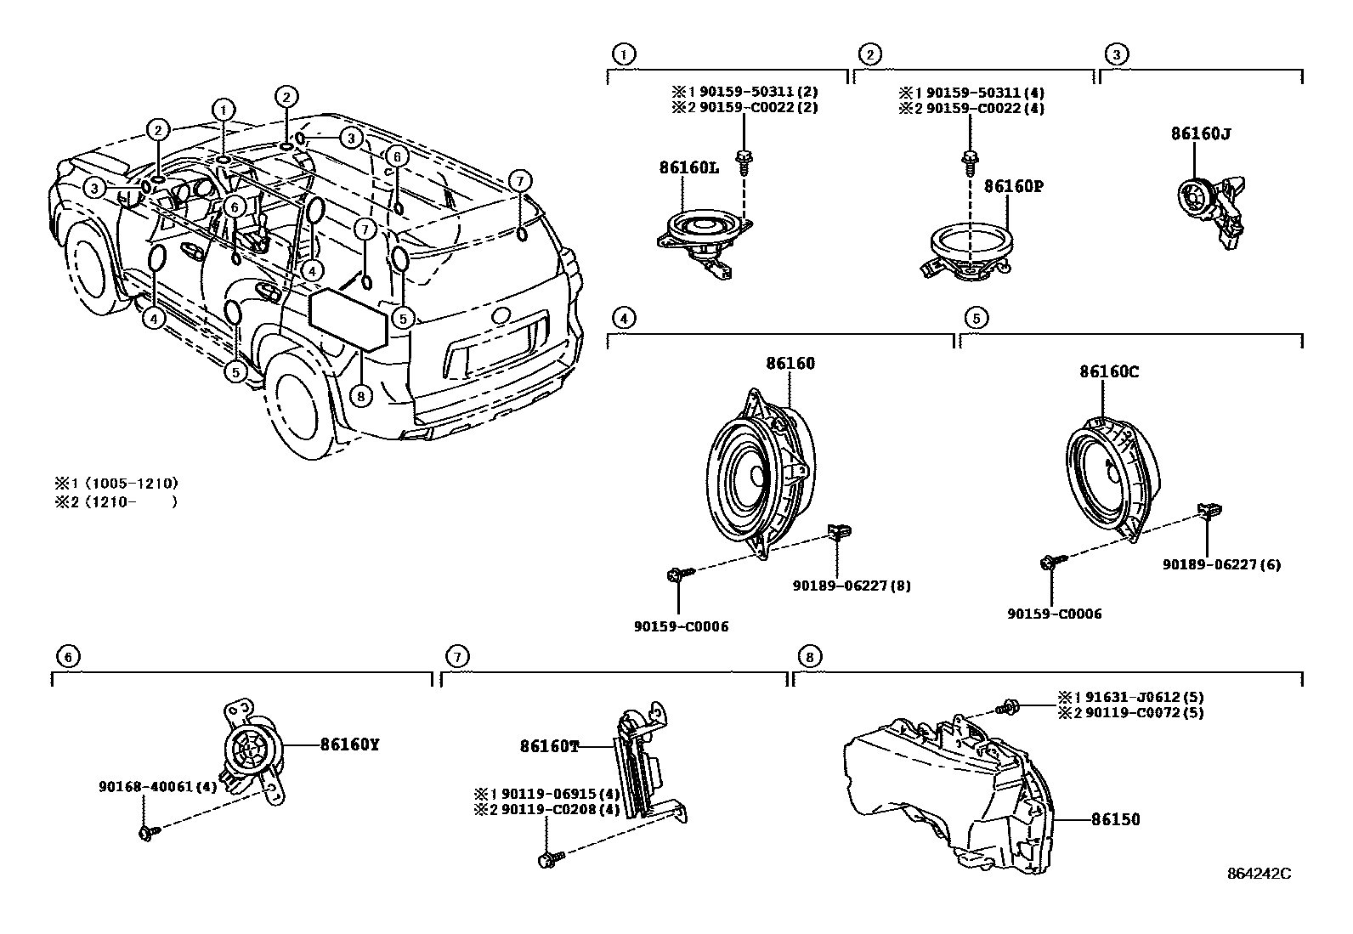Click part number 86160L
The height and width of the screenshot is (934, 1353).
point(688,167)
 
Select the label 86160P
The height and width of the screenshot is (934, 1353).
point(1013,185)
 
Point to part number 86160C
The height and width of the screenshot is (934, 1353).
point(1109,371)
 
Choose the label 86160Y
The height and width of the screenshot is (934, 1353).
point(349,744)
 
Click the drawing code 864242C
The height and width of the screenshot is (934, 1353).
point(1258,874)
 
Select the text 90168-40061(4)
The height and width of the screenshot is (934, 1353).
point(158,787)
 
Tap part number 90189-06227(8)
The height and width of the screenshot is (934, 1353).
point(852,586)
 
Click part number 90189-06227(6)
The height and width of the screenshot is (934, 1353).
point(1222,564)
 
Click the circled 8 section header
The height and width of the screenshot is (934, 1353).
point(809,656)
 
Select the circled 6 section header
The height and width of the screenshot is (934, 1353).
point(69,656)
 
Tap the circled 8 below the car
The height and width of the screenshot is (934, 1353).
point(361,396)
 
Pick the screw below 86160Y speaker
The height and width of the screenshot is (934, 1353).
point(145,833)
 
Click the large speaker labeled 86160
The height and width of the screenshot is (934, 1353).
point(761,472)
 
